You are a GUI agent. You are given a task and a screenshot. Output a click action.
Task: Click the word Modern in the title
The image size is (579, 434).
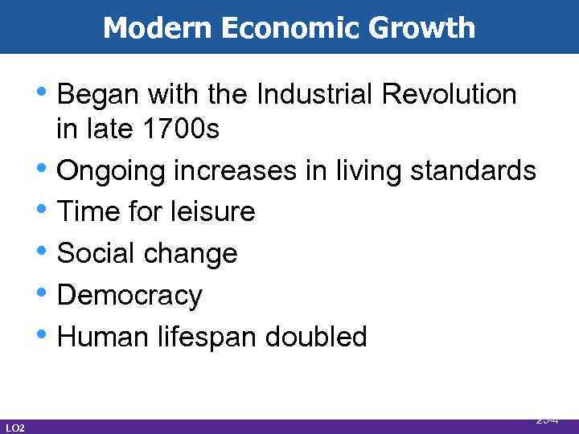tap(150, 29)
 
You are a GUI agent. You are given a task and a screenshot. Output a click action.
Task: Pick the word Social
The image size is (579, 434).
tap(95, 254)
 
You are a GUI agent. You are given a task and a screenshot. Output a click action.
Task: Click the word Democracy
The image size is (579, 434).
tap(130, 296)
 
